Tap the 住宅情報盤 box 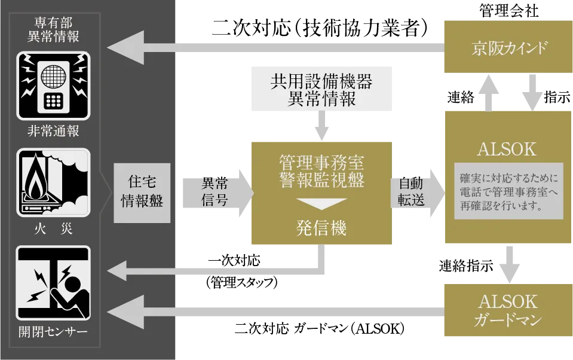point(142,191)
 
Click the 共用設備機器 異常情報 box point(321,89)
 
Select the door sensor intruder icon point(53,283)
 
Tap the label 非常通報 point(53,131)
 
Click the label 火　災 point(53,228)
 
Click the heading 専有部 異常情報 point(53,29)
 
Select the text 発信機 point(321,228)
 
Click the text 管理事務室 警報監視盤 point(321,171)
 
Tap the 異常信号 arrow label point(215,191)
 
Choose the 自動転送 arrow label point(412,191)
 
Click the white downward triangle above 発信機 point(321,203)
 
